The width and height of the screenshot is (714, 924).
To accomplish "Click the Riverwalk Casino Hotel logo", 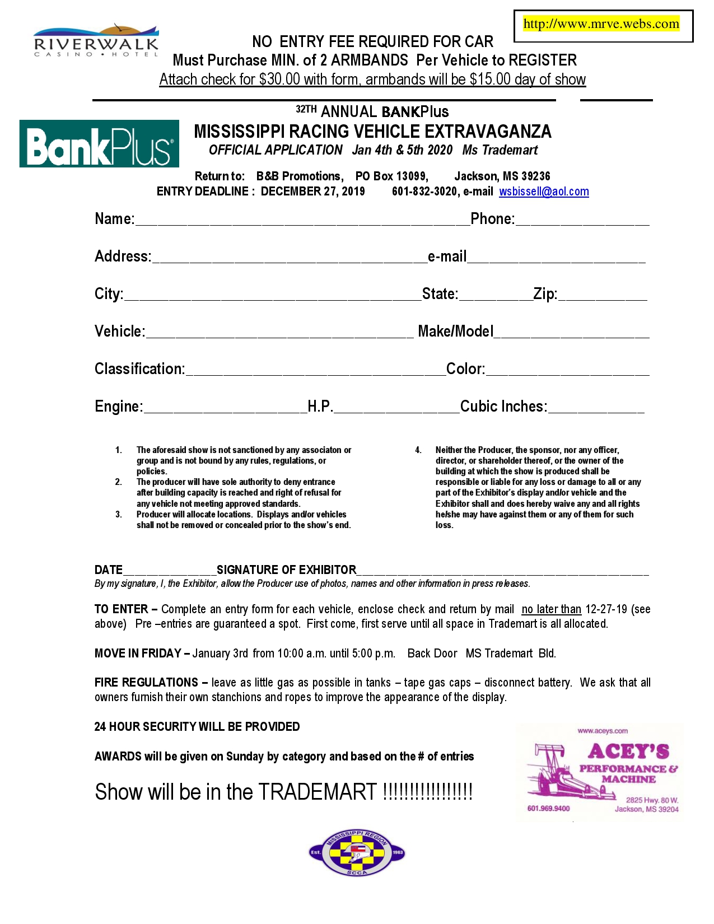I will point(96,40).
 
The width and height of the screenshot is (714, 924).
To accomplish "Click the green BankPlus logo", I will point(99,144).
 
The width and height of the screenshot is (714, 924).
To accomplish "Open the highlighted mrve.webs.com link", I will point(601,24).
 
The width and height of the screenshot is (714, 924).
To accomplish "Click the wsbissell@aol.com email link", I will point(544,192).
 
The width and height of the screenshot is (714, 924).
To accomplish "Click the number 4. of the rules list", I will point(418,450).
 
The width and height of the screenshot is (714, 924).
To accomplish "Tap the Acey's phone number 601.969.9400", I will point(548,808).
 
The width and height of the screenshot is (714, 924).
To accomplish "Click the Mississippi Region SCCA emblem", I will point(357,852).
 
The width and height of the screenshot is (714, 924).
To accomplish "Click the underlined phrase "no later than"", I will point(551,609).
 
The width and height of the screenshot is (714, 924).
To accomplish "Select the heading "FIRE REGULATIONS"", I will point(146,683).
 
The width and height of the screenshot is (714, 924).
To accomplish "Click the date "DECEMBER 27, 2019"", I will point(312,192).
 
